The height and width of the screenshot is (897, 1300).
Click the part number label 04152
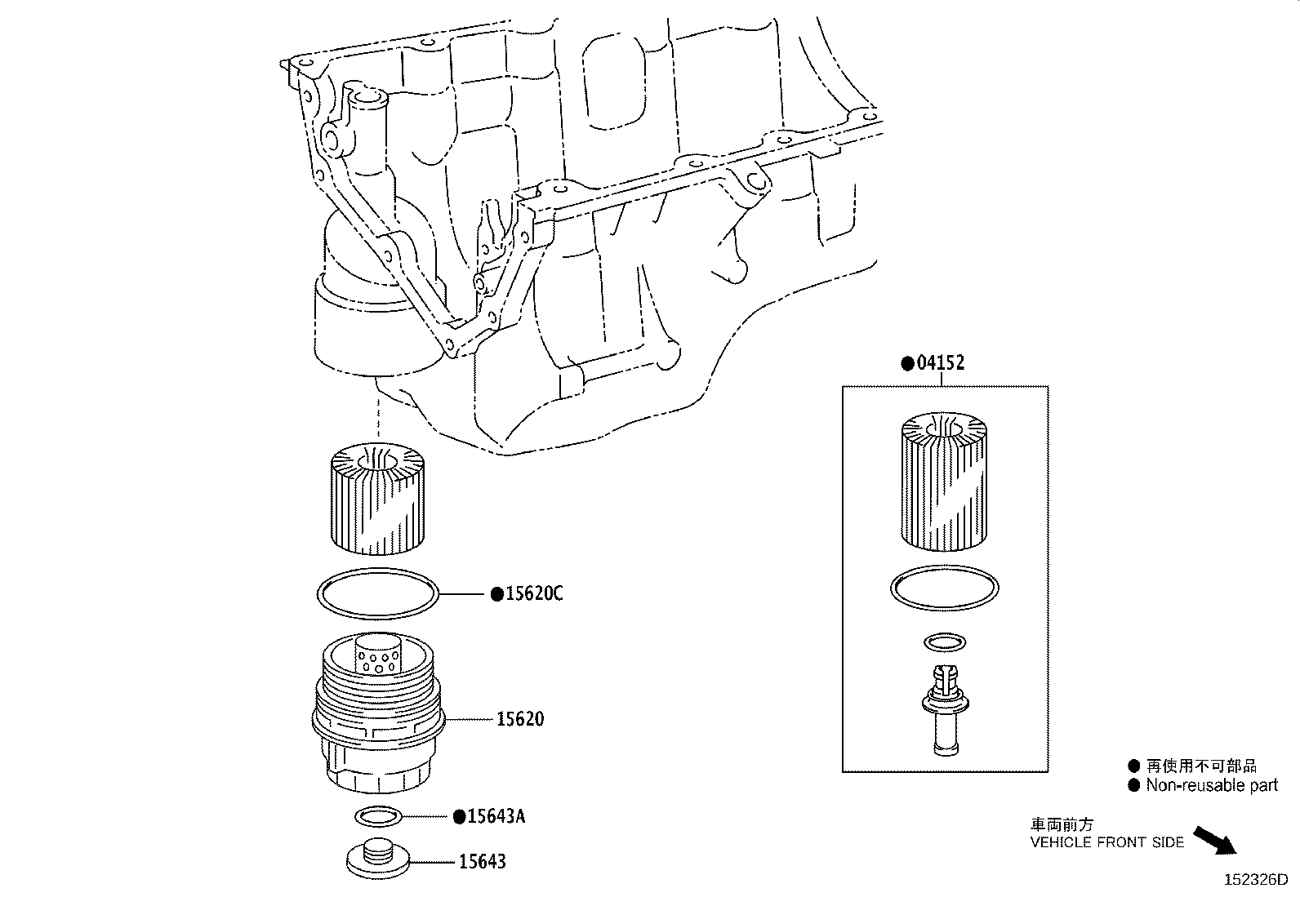[940, 362]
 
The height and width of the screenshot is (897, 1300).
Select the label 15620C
[533, 593]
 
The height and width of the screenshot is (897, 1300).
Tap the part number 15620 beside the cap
[520, 719]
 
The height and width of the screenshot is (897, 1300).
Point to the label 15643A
[495, 815]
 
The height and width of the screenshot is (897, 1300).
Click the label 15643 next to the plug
[482, 861]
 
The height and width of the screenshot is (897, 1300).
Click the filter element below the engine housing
[376, 497]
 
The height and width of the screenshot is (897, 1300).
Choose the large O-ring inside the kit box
[945, 587]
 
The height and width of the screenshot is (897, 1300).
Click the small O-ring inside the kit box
[944, 642]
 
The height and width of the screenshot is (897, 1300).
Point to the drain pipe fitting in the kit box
[944, 708]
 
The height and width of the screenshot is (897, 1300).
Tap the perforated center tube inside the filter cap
[377, 656]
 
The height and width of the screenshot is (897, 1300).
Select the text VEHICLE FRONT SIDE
[1106, 842]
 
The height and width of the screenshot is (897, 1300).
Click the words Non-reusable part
[1212, 785]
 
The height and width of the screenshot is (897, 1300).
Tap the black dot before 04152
[906, 363]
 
